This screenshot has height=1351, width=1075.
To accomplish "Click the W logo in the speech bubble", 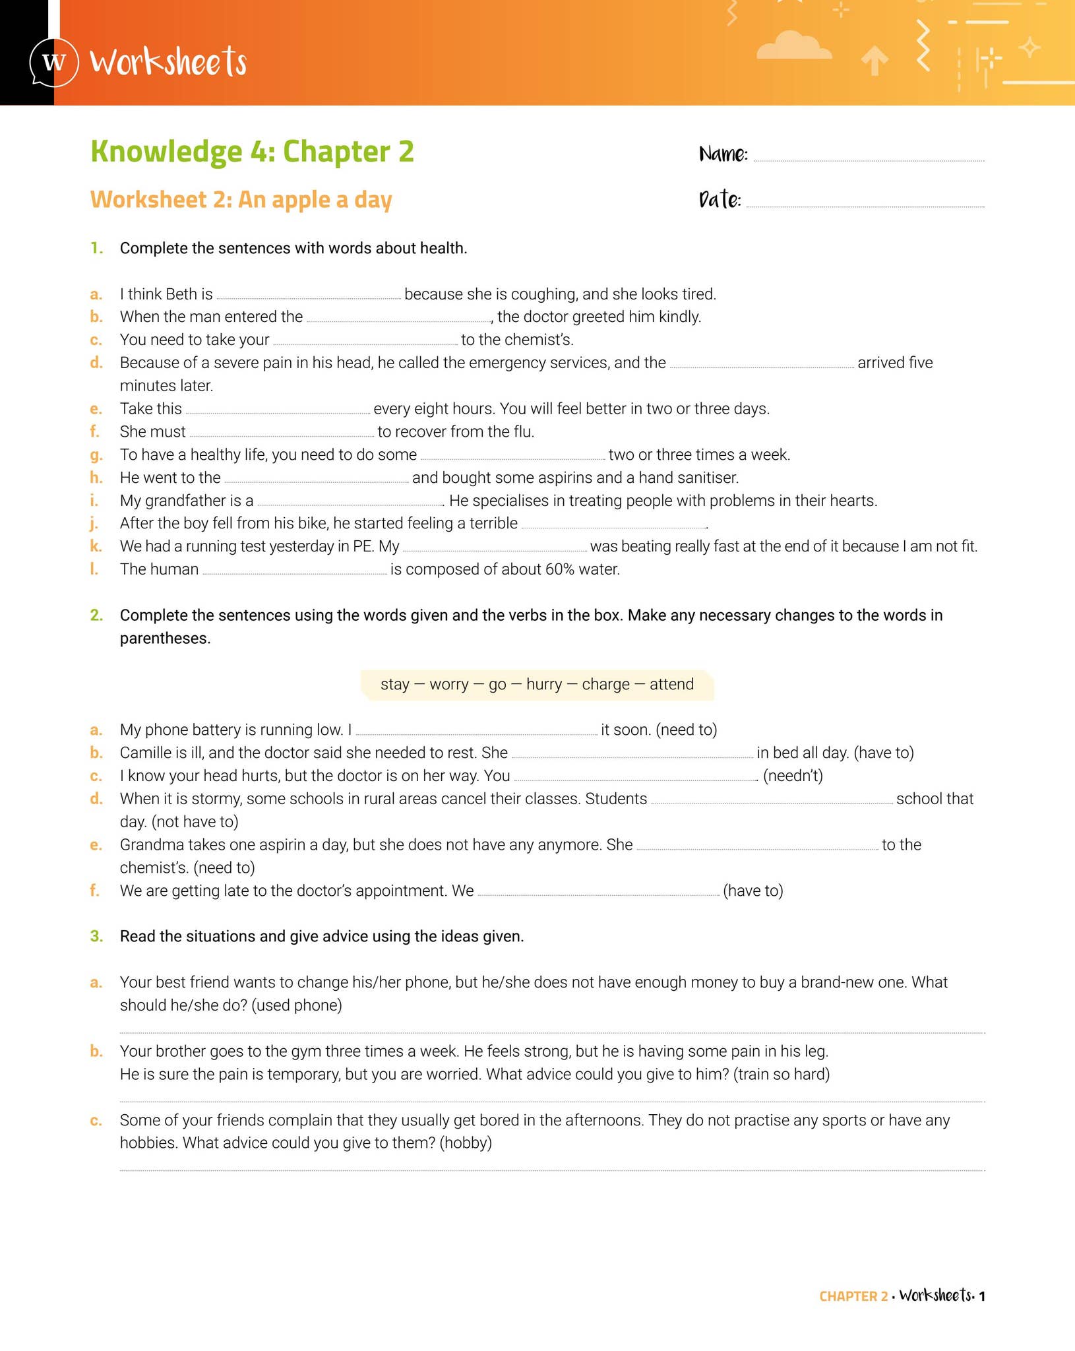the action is tap(54, 63).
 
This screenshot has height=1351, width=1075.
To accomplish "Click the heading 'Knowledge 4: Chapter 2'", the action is tap(252, 152).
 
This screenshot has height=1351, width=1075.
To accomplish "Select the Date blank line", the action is tap(865, 204).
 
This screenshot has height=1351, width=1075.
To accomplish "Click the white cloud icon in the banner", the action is tap(793, 46).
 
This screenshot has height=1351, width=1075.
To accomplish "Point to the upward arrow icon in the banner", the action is tap(875, 61).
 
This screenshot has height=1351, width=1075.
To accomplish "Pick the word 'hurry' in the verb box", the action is tap(544, 684).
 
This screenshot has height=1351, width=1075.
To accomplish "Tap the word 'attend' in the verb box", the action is tap(671, 684).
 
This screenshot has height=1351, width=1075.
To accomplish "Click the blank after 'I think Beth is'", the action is tap(309, 296).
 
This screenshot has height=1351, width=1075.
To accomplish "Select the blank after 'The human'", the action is tap(294, 571).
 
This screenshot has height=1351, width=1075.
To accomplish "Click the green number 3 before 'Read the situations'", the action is tap(96, 937).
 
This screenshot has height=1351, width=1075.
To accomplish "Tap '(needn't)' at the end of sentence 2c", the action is tap(793, 776).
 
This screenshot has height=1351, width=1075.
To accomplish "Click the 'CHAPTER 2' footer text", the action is tap(853, 1296).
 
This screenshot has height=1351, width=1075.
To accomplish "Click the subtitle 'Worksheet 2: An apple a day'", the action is tap(241, 200).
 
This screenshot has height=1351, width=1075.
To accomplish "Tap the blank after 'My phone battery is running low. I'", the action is tap(476, 732).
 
